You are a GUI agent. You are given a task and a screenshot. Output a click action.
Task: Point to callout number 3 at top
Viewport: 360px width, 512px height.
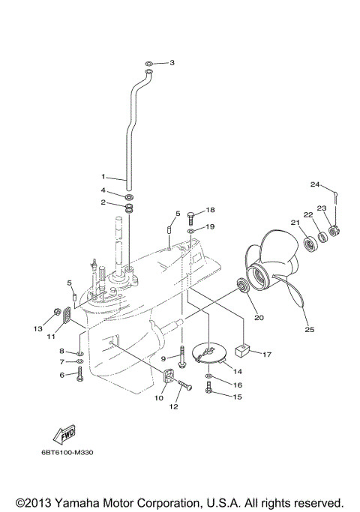[x=172, y=63]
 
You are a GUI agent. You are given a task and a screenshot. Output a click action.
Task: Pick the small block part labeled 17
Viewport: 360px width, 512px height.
[x=242, y=349]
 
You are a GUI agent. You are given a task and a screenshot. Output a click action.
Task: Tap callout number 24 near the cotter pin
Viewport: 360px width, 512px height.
[x=315, y=184]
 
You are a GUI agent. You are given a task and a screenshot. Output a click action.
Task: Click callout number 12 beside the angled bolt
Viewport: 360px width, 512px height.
[x=173, y=407]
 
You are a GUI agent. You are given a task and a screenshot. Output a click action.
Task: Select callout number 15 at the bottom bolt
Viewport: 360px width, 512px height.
[x=238, y=397]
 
